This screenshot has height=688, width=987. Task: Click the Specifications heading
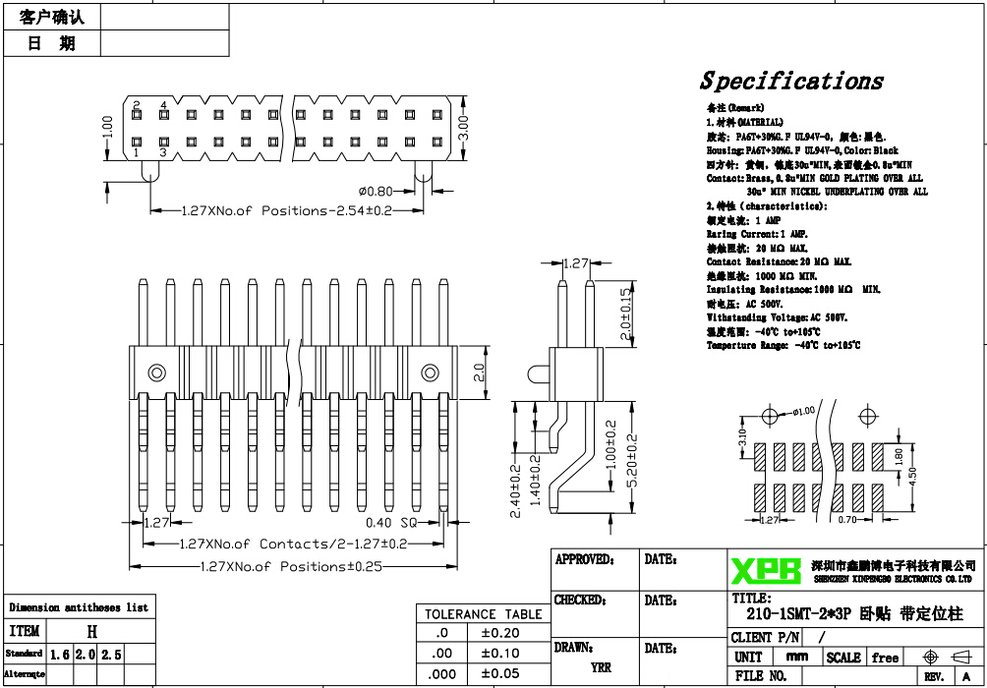click(791, 82)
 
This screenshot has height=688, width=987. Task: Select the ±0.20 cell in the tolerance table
click(499, 633)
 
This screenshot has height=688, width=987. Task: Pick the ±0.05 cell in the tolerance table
click(499, 673)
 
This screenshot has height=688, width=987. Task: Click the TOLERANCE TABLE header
click(483, 614)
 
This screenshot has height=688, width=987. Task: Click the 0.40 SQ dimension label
click(392, 523)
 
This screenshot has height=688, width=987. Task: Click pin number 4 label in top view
click(163, 104)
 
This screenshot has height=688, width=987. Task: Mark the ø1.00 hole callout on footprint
click(803, 411)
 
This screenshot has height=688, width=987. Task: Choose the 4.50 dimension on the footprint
click(913, 474)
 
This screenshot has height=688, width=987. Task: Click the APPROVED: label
click(584, 559)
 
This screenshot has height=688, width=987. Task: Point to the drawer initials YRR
click(601, 667)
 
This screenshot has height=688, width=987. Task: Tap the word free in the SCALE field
click(885, 658)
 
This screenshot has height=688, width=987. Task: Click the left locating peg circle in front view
click(155, 373)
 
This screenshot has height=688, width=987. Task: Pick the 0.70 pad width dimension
click(848, 520)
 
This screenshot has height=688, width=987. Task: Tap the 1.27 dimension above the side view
click(576, 263)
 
